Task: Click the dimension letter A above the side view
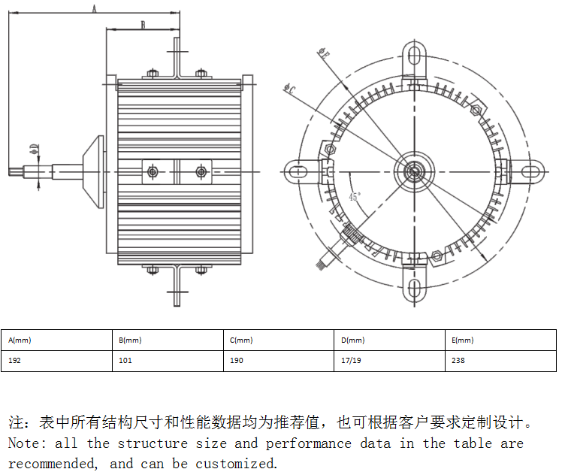(94, 8)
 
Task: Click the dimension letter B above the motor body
(142, 25)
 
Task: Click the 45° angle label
(355, 197)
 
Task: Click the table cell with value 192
(15, 361)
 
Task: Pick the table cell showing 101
(125, 361)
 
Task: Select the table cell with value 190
(237, 361)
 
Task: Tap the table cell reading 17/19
(350, 361)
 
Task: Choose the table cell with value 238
(458, 361)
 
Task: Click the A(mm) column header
(20, 340)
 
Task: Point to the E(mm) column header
(463, 340)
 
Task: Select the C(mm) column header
(241, 340)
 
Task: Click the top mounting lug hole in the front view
(414, 55)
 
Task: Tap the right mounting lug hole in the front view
(532, 171)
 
